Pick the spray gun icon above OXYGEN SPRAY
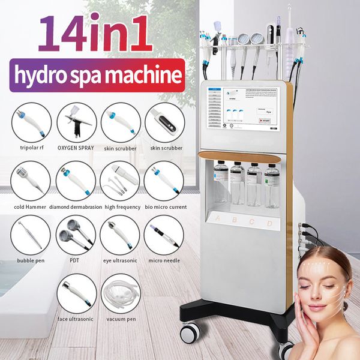click(x=76, y=122)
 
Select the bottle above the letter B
click(x=238, y=184)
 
